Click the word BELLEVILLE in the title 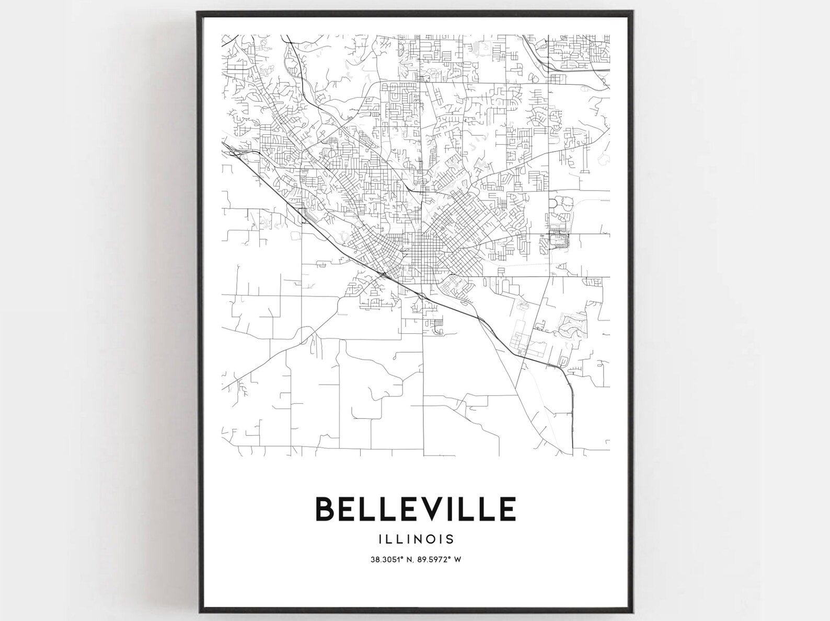click(416, 509)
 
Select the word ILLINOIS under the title click(416, 538)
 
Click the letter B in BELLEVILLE click(325, 509)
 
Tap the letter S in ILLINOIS click(449, 538)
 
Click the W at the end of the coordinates click(457, 560)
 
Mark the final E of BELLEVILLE click(506, 509)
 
